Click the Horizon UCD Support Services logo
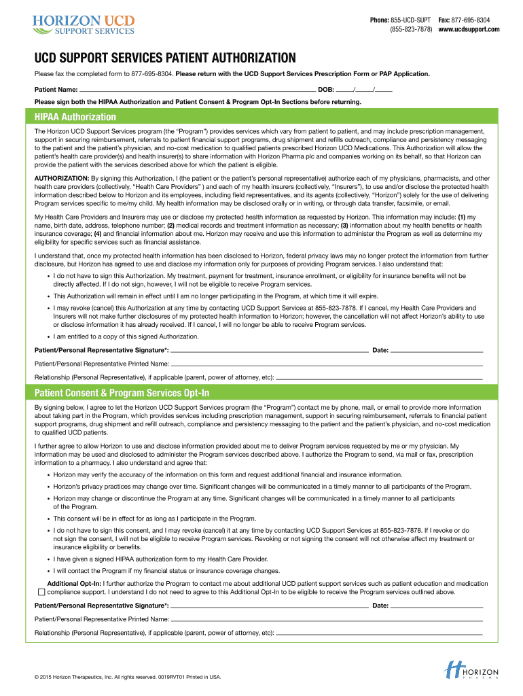point(83,23)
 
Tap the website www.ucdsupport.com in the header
point(469,29)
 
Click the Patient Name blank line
point(197,89)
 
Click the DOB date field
point(364,89)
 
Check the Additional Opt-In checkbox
point(41,592)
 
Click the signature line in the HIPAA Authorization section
point(269,350)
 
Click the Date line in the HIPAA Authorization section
point(437,350)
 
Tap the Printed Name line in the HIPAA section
point(327,364)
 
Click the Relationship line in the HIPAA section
point(380,377)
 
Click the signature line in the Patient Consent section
point(269,605)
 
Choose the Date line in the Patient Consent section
point(437,605)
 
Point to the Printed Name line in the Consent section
point(327,619)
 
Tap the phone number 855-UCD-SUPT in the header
point(409,20)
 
